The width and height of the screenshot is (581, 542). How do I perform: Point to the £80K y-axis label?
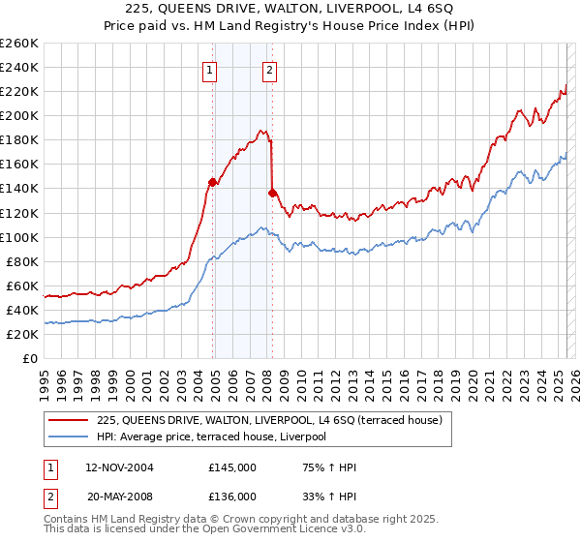(23, 261)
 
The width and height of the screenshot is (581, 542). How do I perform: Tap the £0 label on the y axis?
(32, 358)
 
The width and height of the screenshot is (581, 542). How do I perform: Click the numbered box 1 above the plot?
(210, 70)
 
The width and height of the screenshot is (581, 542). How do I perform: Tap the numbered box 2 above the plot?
(268, 70)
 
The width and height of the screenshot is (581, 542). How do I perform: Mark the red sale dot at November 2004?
(212, 181)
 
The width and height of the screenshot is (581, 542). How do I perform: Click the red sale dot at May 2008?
(272, 193)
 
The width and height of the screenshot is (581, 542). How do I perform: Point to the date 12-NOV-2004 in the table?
(120, 468)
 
